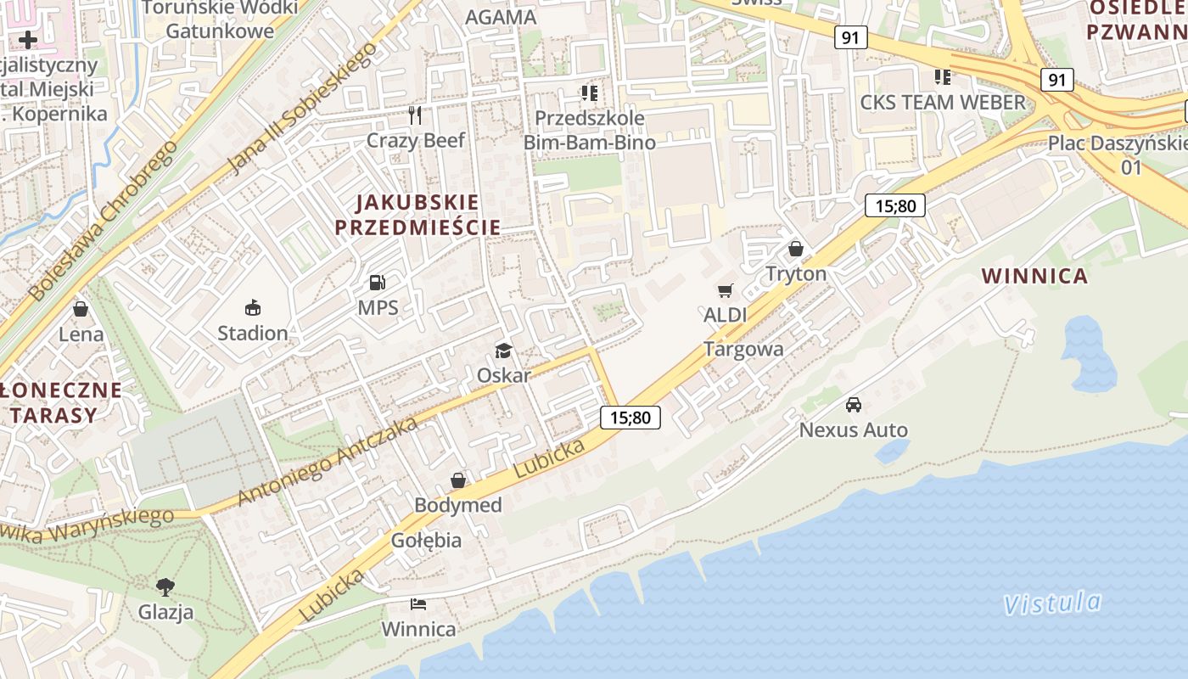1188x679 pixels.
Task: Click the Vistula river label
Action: pyautogui.click(x=1052, y=603)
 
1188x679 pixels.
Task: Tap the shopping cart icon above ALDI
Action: pyautogui.click(x=725, y=291)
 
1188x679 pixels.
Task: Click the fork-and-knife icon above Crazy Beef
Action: pyautogui.click(x=415, y=115)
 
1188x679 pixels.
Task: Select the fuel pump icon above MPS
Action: pyautogui.click(x=378, y=283)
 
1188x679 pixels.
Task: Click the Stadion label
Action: pyautogui.click(x=252, y=333)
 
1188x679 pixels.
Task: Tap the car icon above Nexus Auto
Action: pyautogui.click(x=854, y=405)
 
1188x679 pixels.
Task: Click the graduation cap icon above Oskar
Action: pyautogui.click(x=504, y=351)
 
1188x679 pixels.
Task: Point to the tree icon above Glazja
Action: pyautogui.click(x=165, y=586)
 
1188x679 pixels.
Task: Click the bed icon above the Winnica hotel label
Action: pyautogui.click(x=418, y=604)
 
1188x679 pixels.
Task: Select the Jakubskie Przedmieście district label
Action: pyautogui.click(x=417, y=215)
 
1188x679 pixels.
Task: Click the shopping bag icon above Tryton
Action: pyautogui.click(x=796, y=249)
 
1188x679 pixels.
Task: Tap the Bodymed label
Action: pyautogui.click(x=458, y=505)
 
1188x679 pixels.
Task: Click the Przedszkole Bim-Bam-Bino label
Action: pyautogui.click(x=589, y=130)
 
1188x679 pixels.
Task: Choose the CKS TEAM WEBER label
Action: pyautogui.click(x=943, y=103)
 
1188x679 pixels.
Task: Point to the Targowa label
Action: pyautogui.click(x=743, y=349)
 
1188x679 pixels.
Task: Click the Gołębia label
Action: pyautogui.click(x=427, y=540)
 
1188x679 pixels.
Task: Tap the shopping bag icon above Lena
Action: pyautogui.click(x=81, y=309)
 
